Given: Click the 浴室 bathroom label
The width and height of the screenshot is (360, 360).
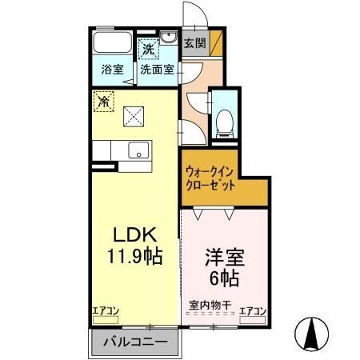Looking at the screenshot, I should (112, 69).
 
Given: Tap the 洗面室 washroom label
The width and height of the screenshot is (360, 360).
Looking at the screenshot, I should (157, 69).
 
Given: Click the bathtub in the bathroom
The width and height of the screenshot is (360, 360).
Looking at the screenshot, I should (112, 44).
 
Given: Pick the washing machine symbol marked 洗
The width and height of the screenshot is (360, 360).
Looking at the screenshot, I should (148, 50).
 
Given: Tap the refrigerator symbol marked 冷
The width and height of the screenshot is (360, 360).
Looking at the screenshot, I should (103, 101).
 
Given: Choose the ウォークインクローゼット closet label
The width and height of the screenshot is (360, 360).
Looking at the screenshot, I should (210, 178).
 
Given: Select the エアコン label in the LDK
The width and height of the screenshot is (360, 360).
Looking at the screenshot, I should (106, 311).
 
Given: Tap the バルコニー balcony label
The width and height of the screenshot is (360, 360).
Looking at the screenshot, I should (134, 342).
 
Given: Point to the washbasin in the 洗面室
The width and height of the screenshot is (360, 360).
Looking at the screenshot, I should (170, 40).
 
